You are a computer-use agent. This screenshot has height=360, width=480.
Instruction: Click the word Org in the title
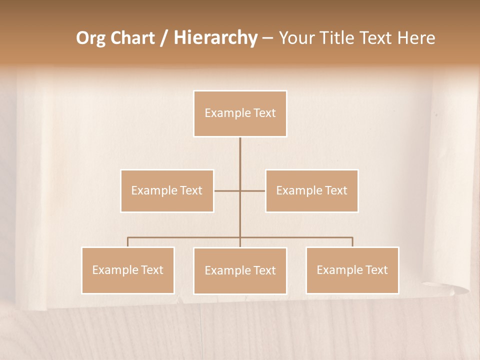tap(90, 38)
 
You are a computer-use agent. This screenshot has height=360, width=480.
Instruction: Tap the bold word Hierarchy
tap(215, 38)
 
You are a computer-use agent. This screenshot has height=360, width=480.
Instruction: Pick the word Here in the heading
tap(416, 38)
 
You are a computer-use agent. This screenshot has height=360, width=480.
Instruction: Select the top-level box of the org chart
tap(240, 113)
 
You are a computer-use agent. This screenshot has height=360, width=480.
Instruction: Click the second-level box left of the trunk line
tap(167, 190)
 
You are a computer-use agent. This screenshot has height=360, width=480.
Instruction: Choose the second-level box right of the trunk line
tap(311, 190)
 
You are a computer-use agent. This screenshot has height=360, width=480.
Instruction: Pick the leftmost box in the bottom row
tap(128, 270)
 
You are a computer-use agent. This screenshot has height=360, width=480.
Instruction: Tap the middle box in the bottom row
tap(240, 270)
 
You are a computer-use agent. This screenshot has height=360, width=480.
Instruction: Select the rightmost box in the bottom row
tap(352, 270)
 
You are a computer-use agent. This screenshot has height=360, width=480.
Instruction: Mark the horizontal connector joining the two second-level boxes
tap(227, 190)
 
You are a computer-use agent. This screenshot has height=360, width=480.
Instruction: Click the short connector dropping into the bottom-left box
tap(128, 242)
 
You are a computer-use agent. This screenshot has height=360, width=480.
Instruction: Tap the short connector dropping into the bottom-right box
tap(352, 242)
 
